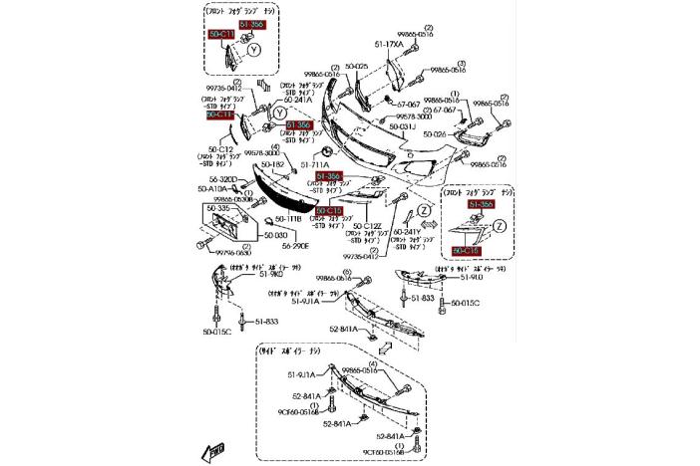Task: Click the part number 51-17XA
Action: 390,44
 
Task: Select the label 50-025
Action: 356,66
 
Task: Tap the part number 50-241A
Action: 298,100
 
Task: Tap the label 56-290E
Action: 294,245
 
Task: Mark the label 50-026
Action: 435,133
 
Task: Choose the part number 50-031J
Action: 402,127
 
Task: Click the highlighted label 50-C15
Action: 329,211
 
